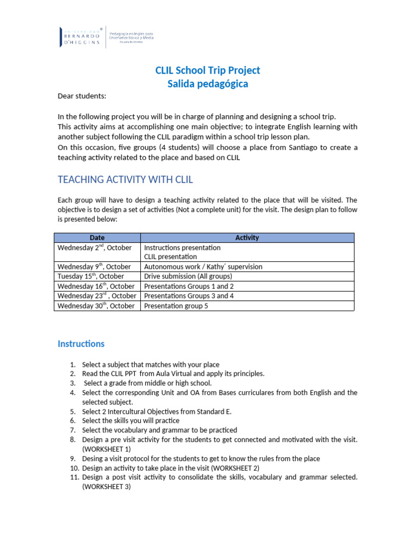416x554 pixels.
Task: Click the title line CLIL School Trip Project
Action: click(207, 70)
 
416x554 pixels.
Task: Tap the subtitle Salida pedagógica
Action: click(207, 83)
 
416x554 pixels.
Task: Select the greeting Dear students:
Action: click(82, 96)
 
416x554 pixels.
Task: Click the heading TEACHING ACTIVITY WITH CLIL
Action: click(125, 179)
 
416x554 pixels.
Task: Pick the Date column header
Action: click(97, 238)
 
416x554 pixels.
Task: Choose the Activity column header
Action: click(247, 238)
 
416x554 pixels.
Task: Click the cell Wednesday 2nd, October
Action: click(94, 247)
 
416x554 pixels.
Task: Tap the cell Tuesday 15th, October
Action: click(90, 276)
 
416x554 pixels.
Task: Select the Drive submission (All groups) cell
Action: click(188, 276)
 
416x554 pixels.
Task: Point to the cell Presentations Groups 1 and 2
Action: click(189, 286)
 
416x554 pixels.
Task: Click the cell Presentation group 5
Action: click(176, 306)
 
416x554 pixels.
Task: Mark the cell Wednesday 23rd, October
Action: click(96, 295)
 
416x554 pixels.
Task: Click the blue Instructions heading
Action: click(81, 344)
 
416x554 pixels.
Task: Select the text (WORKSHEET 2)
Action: click(232, 467)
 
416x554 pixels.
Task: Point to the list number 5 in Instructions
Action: click(73, 411)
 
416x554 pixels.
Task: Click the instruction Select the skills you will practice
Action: click(131, 420)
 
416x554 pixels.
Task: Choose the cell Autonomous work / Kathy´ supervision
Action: click(203, 266)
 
